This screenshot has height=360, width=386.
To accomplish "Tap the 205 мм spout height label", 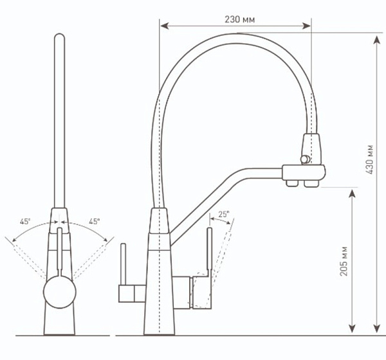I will coord(344,261).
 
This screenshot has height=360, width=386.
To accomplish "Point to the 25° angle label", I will coord(223,215).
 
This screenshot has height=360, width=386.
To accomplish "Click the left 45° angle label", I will coord(25,222).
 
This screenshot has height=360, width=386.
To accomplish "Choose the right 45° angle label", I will coord(94,222).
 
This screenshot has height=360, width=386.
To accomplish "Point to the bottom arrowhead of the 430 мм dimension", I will coord(376,331).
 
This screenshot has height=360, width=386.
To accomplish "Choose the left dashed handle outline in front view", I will coord(26,257).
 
